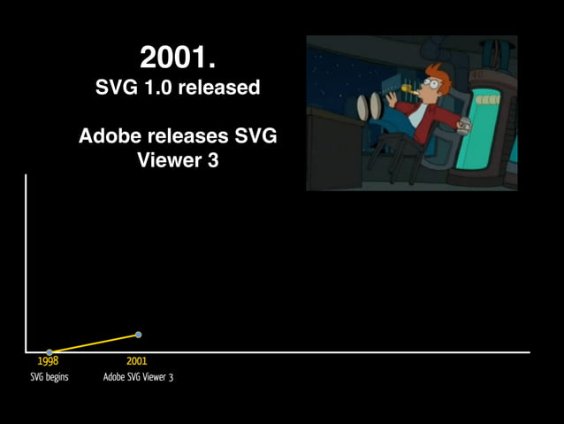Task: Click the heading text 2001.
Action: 178,58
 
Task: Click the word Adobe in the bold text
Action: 107,136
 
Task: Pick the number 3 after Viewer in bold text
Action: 212,161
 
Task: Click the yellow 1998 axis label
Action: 48,361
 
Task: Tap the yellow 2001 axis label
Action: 136,361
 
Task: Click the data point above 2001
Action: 138,335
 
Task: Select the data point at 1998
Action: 50,352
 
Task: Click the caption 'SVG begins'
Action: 50,377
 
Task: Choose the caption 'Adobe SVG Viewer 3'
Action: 138,377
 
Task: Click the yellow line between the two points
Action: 94,343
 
